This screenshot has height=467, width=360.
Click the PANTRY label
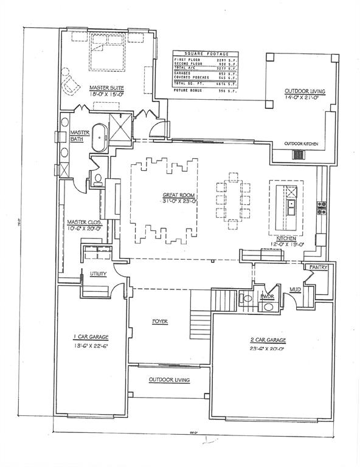319,267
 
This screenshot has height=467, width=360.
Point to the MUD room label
296,289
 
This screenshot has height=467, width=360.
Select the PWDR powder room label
268,296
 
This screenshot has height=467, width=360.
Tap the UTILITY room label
99,274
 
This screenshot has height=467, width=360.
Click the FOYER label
160,321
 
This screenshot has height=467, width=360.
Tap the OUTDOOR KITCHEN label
301,144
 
